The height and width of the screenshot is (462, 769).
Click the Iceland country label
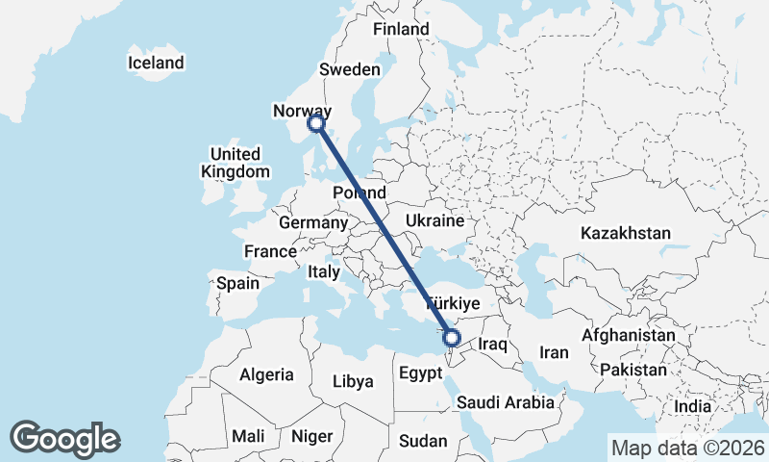[156, 64]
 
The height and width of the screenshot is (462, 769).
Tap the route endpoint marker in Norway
[316, 123]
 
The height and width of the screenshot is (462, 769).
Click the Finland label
[401, 30]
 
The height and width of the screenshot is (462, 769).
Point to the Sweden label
[350, 69]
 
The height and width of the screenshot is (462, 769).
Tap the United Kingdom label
[235, 163]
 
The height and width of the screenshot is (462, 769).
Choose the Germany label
[312, 222]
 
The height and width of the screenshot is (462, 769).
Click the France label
[270, 251]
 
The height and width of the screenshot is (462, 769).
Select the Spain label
[237, 283]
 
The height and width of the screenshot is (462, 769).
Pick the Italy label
[324, 272]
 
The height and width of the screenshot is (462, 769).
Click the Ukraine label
[434, 221]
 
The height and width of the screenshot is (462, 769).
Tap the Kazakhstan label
[626, 233]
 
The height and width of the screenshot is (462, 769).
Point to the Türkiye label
[452, 302]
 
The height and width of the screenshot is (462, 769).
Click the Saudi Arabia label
[506, 402]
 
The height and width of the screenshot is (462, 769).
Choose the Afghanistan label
[629, 335]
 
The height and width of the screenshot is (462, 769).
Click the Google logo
[64, 439]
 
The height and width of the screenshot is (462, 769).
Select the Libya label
[352, 381]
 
